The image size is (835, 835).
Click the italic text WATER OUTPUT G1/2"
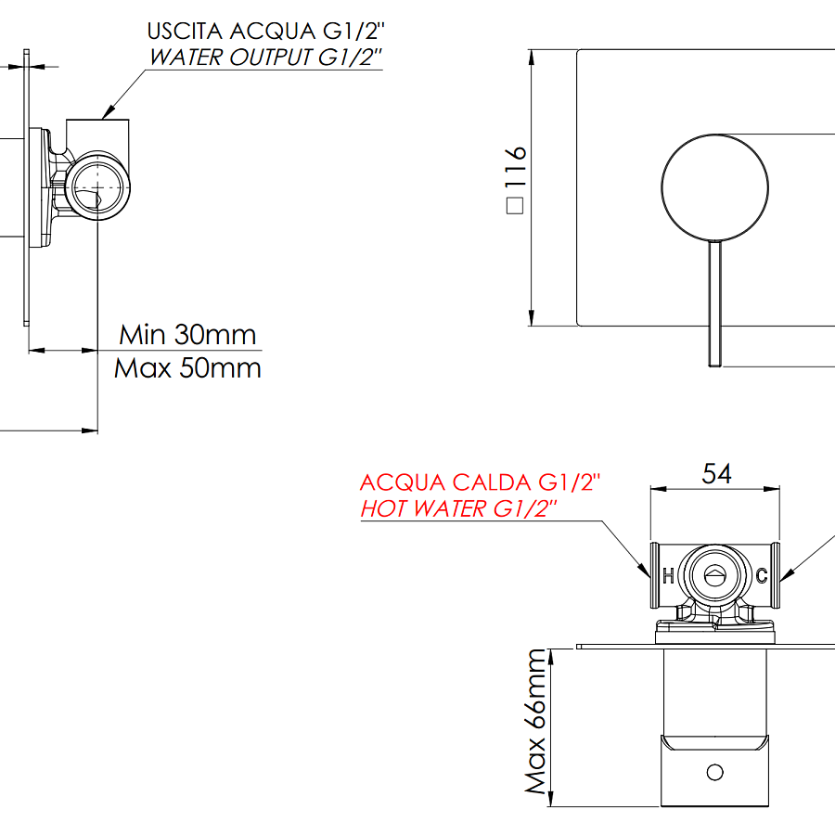(265, 58)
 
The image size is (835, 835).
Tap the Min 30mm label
(187, 334)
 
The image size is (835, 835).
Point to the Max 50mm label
(187, 368)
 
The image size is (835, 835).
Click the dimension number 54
(716, 474)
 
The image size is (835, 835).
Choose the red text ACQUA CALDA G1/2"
(481, 483)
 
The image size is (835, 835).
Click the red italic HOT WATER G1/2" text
(459, 508)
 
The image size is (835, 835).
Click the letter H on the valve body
(667, 575)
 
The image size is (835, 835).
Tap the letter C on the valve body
(761, 575)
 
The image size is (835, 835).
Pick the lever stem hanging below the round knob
(715, 302)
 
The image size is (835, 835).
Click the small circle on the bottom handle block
(714, 771)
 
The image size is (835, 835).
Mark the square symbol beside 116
(516, 207)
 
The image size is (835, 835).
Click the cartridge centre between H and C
(714, 575)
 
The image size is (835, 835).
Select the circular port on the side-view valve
(96, 186)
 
